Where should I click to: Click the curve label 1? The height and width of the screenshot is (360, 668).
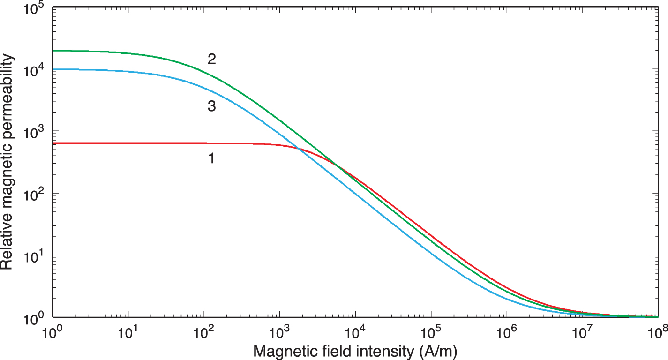point(211,158)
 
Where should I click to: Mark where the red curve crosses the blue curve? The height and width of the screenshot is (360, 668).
point(298,149)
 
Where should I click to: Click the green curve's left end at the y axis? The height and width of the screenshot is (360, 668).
point(53,51)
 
